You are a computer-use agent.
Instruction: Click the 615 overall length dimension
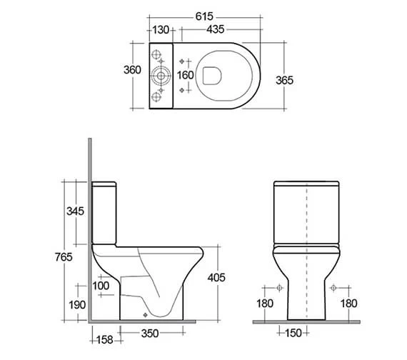pyautogui.click(x=207, y=15)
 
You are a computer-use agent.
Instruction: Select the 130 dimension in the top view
pyautogui.click(x=161, y=30)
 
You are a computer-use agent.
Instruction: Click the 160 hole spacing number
pyautogui.click(x=185, y=74)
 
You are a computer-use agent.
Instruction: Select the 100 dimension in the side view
pyautogui.click(x=101, y=286)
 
